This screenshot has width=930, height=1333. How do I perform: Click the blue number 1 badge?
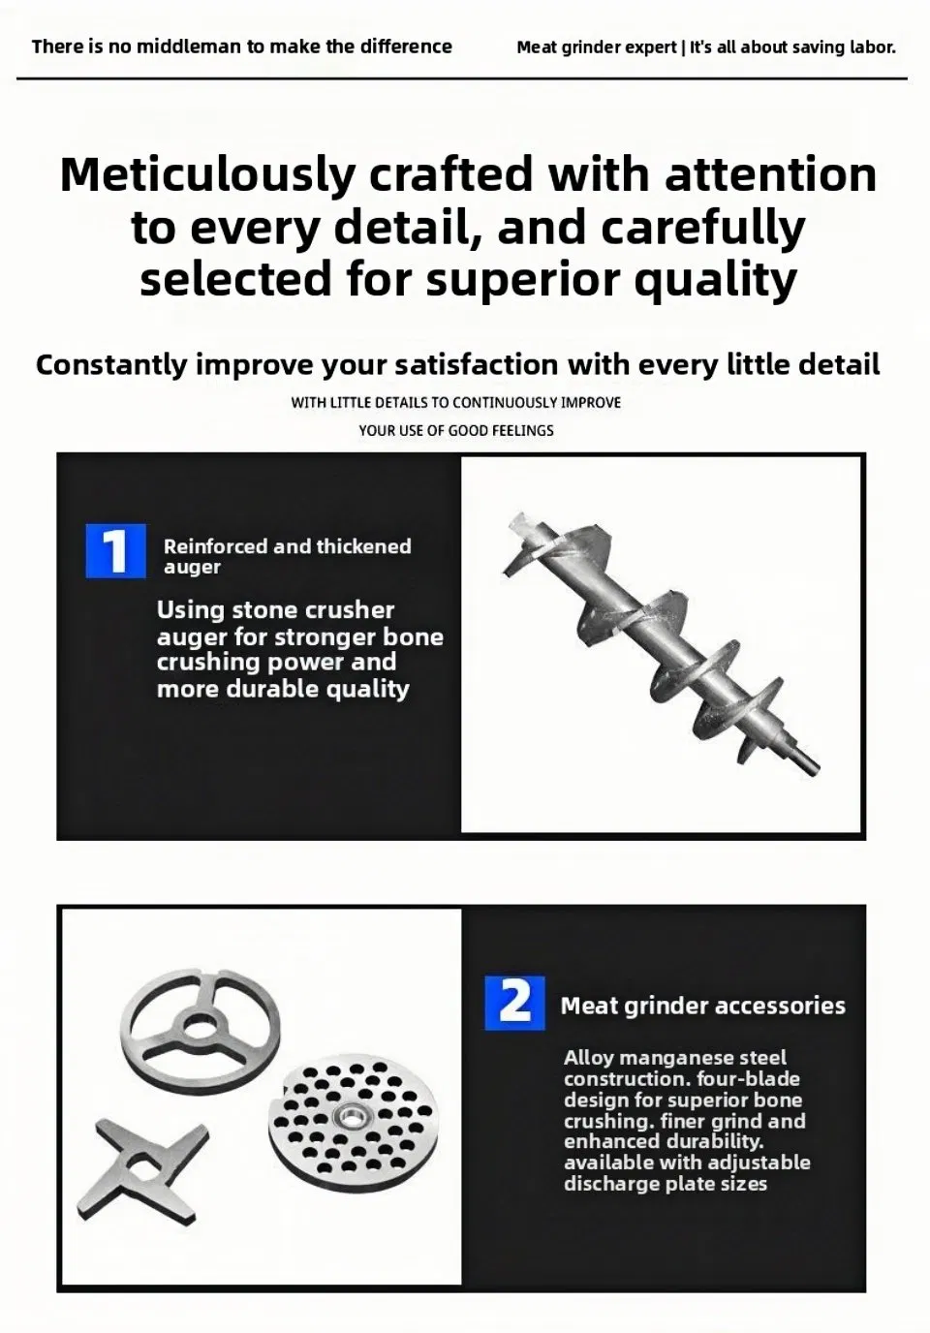click(115, 550)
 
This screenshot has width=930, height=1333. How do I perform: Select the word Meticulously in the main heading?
click(207, 175)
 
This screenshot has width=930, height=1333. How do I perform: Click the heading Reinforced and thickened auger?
click(288, 556)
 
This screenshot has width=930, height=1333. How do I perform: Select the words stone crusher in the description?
click(313, 610)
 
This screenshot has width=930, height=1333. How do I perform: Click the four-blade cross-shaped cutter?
click(143, 1168)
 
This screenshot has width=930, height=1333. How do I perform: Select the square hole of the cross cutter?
click(141, 1168)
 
